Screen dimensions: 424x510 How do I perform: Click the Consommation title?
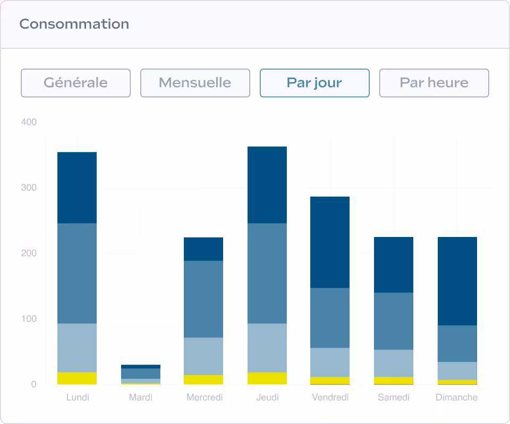pyautogui.click(x=74, y=24)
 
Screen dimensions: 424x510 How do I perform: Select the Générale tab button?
pyautogui.click(x=75, y=83)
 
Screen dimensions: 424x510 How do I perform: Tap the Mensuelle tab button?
pyautogui.click(x=195, y=83)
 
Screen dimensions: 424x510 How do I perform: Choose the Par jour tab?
pyautogui.click(x=314, y=83)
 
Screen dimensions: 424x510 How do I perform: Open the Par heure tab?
pyautogui.click(x=433, y=83)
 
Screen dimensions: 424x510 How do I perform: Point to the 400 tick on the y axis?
pyautogui.click(x=29, y=122)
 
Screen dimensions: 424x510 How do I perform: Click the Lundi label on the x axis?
pyautogui.click(x=78, y=397)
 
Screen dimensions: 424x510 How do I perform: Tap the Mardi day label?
pyautogui.click(x=140, y=397)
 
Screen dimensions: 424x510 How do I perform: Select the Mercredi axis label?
pyautogui.click(x=205, y=397)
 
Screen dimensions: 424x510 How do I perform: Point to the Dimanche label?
pyautogui.click(x=456, y=397)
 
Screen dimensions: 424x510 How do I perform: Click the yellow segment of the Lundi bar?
pyautogui.click(x=77, y=378)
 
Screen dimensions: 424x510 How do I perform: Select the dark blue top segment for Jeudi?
pyautogui.click(x=267, y=184)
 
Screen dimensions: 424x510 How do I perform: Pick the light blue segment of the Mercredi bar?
pyautogui.click(x=203, y=356)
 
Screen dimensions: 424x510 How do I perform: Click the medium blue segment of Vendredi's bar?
pyautogui.click(x=330, y=318)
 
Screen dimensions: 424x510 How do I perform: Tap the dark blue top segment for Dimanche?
pyautogui.click(x=457, y=281)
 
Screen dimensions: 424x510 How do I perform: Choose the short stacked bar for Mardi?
pyautogui.click(x=141, y=374)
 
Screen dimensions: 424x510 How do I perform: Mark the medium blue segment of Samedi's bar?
pyautogui.click(x=394, y=321)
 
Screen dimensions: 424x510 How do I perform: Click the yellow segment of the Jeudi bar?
pyautogui.click(x=267, y=378)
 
